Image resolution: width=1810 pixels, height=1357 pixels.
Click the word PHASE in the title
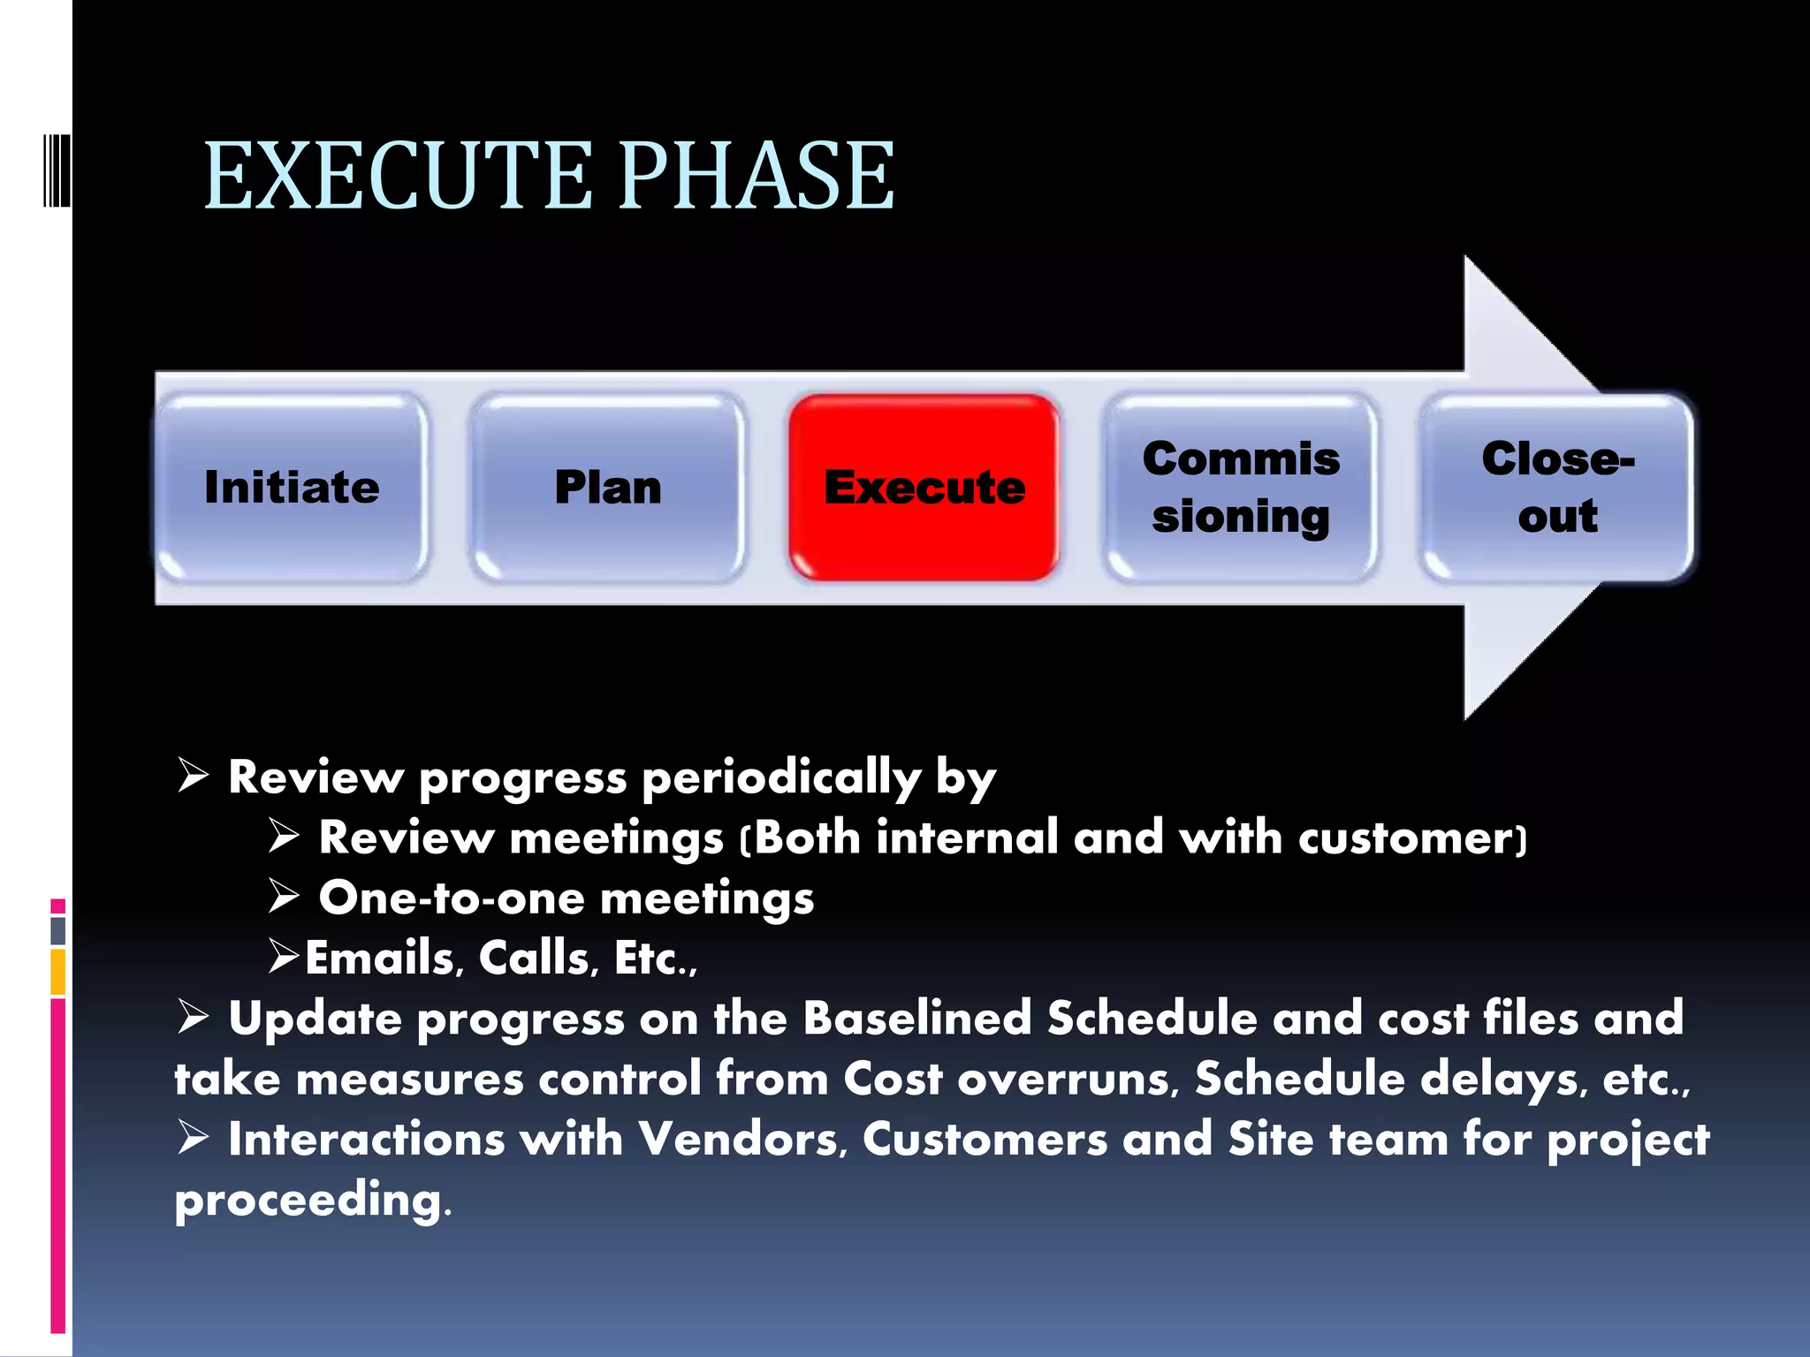pyautogui.click(x=756, y=177)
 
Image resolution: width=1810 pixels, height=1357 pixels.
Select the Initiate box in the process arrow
pyautogui.click(x=292, y=488)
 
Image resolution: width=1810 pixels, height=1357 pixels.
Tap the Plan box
pyautogui.click(x=608, y=488)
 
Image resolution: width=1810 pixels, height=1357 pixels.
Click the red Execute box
pyautogui.click(x=924, y=488)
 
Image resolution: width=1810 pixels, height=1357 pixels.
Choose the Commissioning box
pyautogui.click(x=1241, y=488)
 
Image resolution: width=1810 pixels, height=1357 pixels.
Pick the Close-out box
pyautogui.click(x=1557, y=488)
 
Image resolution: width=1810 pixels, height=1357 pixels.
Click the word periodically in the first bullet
pyautogui.click(x=781, y=778)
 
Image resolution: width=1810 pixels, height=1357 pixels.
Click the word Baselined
pyautogui.click(x=917, y=1019)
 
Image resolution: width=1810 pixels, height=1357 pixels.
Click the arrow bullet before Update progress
pyautogui.click(x=193, y=1016)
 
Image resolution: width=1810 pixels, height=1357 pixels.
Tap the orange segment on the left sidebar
pyautogui.click(x=58, y=972)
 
